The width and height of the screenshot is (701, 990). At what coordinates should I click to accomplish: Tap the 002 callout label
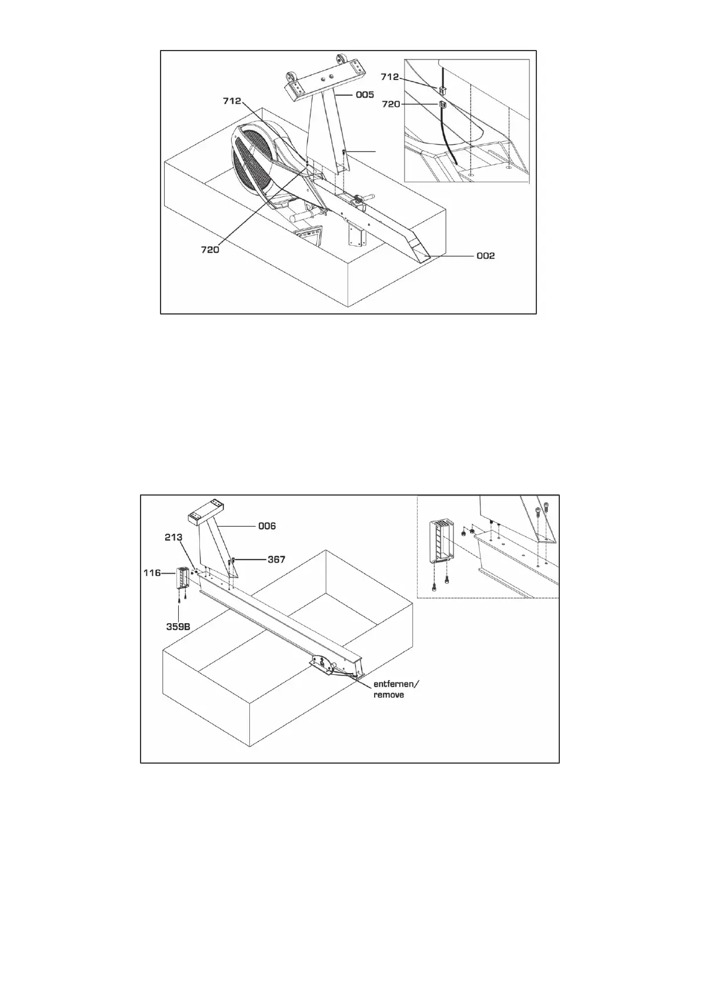click(485, 256)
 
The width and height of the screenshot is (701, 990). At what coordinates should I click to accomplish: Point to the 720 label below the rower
click(209, 249)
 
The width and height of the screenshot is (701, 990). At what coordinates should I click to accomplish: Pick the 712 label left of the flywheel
click(232, 101)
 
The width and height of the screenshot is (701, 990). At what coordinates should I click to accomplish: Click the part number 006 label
click(267, 526)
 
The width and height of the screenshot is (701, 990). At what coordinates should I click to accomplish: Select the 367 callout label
click(276, 559)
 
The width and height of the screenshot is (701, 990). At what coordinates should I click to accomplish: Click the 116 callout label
click(152, 572)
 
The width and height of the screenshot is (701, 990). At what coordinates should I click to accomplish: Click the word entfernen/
click(397, 684)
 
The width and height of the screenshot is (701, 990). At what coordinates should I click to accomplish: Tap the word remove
click(389, 694)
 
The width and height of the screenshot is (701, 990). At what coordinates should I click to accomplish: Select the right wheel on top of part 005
click(342, 60)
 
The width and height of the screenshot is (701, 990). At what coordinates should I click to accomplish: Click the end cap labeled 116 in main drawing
click(182, 578)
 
